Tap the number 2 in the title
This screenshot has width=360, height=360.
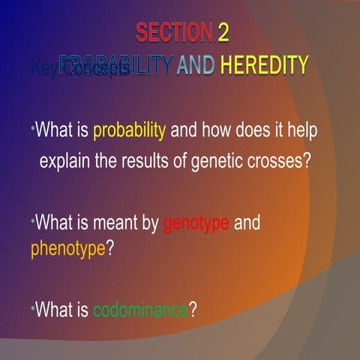tap(223, 33)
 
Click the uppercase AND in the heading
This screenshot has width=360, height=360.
tap(195, 65)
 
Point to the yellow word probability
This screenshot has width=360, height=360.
tap(129, 130)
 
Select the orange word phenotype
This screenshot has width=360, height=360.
tap(68, 248)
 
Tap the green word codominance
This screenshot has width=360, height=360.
tap(140, 310)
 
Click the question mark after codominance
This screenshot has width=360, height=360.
tap(193, 310)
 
